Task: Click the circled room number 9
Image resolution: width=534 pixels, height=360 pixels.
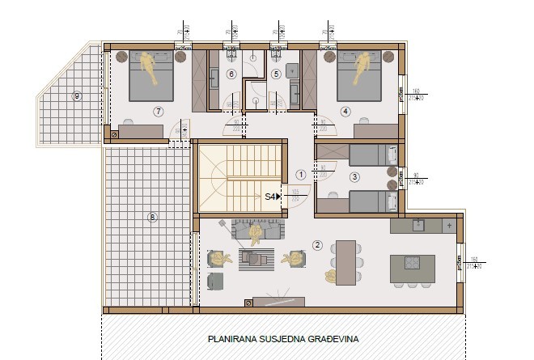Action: [x=77, y=95]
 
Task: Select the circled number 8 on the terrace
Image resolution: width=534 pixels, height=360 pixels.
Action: [x=152, y=216]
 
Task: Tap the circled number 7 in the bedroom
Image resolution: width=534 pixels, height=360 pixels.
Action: [x=158, y=111]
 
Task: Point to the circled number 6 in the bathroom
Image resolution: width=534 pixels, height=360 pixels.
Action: [x=231, y=74]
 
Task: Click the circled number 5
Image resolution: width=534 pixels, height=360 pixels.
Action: [x=275, y=74]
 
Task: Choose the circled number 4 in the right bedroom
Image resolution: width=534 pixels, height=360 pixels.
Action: [x=345, y=111]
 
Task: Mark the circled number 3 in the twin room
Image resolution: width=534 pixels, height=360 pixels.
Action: [x=354, y=176]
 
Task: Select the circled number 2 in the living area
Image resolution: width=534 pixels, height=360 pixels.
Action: [x=318, y=245]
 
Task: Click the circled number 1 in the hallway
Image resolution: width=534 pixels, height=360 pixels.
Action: [x=300, y=173]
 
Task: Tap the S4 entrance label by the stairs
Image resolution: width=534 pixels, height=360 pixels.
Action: [x=273, y=196]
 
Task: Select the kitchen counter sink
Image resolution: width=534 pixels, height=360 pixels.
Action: [x=419, y=225]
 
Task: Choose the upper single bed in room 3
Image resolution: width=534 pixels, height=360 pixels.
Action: [x=362, y=153]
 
